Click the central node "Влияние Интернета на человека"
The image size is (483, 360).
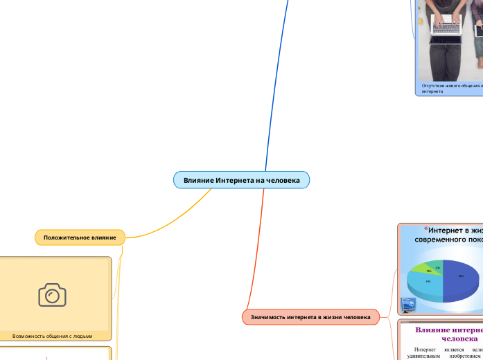[x=241, y=180]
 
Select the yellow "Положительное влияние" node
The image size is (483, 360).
[x=80, y=237]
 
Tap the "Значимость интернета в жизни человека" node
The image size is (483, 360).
[x=310, y=317]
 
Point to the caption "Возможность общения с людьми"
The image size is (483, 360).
[x=52, y=336]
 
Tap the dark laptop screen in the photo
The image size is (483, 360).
[x=479, y=29]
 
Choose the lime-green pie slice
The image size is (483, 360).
[x=431, y=269]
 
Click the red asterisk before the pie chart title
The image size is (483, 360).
[x=425, y=228]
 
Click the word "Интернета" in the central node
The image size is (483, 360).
[x=236, y=180]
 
